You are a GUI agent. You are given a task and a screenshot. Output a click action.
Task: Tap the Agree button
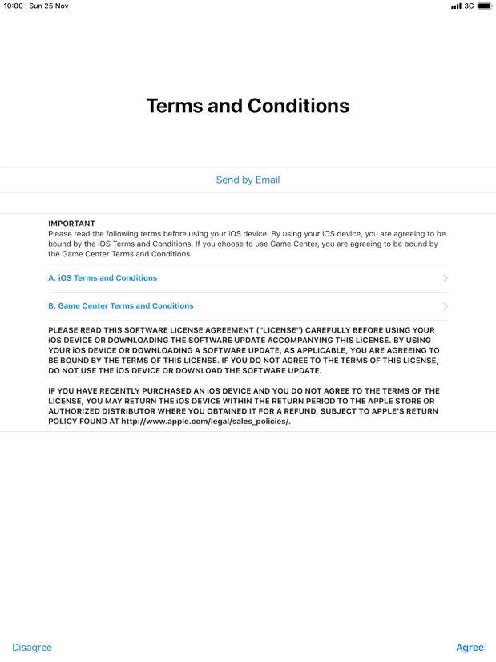point(470,648)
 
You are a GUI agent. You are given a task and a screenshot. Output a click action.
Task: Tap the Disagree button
point(32,648)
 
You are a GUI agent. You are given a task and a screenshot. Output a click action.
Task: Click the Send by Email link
point(248,180)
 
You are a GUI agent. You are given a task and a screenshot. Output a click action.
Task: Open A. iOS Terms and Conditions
point(103,278)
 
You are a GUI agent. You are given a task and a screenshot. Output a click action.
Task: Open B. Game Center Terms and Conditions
point(121,306)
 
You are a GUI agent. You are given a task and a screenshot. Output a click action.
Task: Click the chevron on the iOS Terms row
point(445,279)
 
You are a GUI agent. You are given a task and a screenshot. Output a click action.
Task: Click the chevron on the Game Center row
point(445,306)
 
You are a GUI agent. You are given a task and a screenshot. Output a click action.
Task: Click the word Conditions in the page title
point(298,106)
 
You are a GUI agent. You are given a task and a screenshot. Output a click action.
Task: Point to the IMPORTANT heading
point(71,224)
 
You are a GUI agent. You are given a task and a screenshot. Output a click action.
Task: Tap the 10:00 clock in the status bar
point(14,6)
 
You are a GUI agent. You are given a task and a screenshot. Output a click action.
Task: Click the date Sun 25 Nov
point(48,6)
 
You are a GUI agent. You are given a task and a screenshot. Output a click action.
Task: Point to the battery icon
point(485,6)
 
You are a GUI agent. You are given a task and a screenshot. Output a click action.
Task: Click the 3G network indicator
point(470,6)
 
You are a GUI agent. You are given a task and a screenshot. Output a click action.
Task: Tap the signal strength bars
point(456,6)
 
